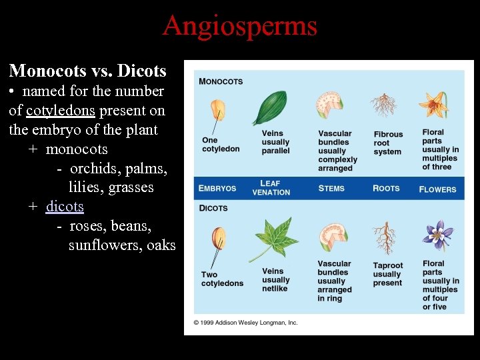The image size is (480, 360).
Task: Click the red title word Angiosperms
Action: click(x=239, y=27)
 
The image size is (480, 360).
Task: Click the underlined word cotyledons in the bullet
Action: click(x=61, y=110)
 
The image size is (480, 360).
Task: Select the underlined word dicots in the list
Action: click(x=65, y=207)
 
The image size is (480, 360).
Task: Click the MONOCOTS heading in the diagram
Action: click(x=221, y=81)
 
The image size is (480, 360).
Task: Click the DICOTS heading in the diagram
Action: click(x=213, y=208)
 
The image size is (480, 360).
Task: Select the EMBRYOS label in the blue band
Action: click(x=217, y=189)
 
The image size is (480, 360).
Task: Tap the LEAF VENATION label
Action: click(x=271, y=188)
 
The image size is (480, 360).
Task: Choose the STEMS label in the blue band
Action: click(x=331, y=189)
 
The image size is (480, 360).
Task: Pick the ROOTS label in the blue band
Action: click(x=386, y=189)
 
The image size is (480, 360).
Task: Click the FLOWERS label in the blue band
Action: click(x=437, y=189)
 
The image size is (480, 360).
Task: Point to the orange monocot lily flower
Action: click(x=433, y=105)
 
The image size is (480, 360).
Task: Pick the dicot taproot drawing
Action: click(x=385, y=237)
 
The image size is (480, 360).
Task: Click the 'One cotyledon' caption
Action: click(x=221, y=145)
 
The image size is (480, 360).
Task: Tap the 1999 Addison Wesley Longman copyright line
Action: click(x=245, y=323)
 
